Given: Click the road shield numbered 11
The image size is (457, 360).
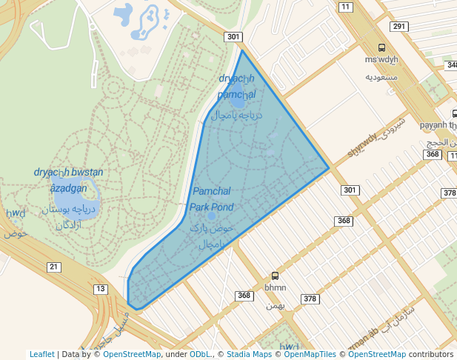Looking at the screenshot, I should (345, 7).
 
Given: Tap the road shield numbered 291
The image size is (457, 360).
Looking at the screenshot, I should (399, 27).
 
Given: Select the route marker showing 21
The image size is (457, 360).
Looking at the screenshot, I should (53, 267).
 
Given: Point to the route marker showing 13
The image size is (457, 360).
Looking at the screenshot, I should (101, 289).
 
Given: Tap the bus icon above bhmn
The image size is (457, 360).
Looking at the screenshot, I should (276, 276).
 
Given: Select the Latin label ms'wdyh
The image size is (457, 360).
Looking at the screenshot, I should (381, 59).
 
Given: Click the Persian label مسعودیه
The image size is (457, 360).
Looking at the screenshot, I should (381, 76).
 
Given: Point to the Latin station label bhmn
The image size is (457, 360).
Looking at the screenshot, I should (276, 287).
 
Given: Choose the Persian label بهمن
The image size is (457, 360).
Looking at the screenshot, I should (276, 304).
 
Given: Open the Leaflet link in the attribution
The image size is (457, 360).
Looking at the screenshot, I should (41, 354).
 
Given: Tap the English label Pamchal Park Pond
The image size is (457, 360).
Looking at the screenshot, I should (212, 199).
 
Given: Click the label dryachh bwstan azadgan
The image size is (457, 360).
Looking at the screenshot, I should (68, 180).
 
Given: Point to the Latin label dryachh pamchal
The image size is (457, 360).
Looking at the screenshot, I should (236, 87).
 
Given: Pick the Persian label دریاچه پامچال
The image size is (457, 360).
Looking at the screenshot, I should (236, 115).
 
